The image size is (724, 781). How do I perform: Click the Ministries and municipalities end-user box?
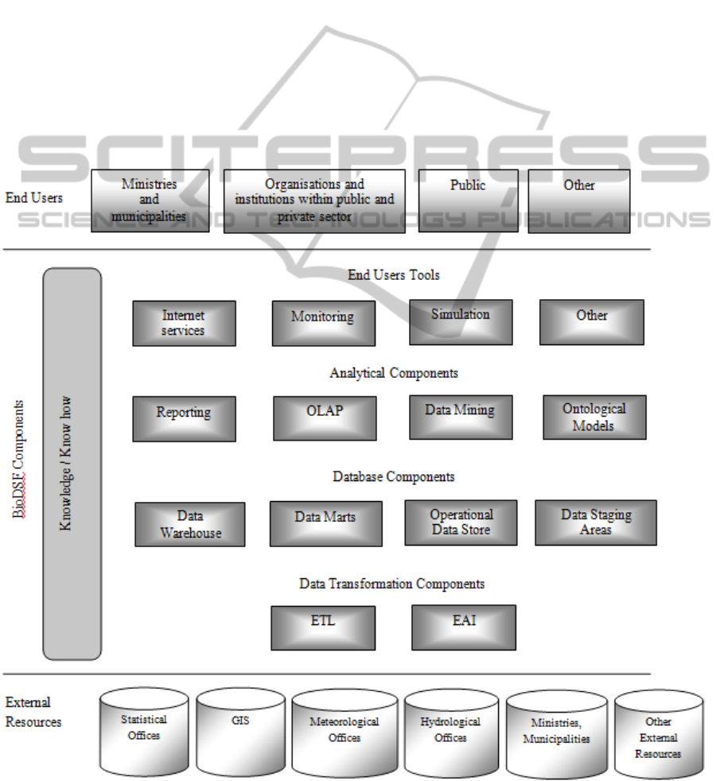150,200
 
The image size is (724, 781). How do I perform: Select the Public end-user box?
468,200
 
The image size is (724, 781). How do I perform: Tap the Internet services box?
184,323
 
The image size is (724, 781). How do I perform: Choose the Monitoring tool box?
323,323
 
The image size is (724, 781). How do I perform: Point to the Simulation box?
461,321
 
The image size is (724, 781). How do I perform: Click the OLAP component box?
325,418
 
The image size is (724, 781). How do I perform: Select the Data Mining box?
461,417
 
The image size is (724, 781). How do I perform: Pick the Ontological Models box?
594,417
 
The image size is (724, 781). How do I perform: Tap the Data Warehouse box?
189,524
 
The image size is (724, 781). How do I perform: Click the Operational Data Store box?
461,523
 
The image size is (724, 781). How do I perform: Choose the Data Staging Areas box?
595,523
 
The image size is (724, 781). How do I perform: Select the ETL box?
322,628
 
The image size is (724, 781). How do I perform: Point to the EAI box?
464,628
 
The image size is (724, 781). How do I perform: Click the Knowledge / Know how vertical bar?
72,464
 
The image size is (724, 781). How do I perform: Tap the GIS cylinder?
240,732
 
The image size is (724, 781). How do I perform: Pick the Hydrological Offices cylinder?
450,733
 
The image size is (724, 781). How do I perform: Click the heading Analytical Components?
394,373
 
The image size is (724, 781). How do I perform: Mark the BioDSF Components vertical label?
18,460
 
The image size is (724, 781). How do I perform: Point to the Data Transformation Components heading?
391,584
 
